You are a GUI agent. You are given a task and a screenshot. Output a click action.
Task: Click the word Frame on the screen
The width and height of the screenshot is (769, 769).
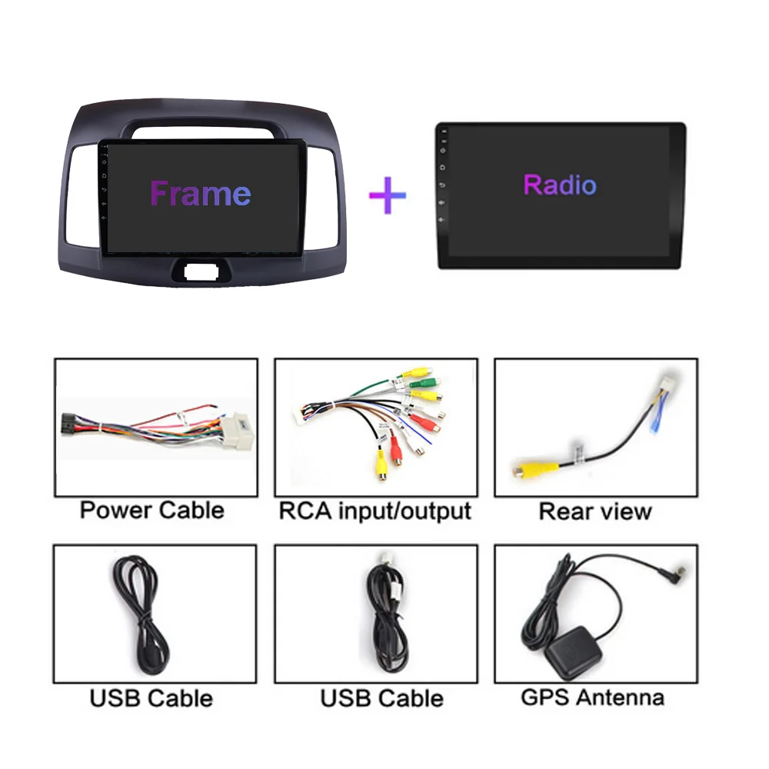pyautogui.click(x=201, y=193)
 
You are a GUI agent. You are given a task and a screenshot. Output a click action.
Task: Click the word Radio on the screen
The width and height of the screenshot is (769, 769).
pyautogui.click(x=560, y=185)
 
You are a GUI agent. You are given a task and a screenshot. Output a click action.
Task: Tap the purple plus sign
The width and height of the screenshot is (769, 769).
pyautogui.click(x=388, y=195)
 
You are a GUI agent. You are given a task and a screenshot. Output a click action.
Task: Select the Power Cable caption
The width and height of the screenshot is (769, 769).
pyautogui.click(x=152, y=510)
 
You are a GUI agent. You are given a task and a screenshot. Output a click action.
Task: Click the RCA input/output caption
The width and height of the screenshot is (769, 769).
pyautogui.click(x=375, y=511)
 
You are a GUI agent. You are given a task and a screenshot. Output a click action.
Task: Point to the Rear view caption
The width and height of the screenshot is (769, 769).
pyautogui.click(x=595, y=511)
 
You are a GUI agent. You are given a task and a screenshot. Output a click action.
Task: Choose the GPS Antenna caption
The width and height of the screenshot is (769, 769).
pyautogui.click(x=592, y=697)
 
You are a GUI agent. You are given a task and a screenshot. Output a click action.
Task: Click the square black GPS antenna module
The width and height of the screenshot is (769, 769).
pyautogui.click(x=573, y=652)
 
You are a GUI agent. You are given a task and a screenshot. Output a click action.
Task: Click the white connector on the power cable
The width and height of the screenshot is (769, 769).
pyautogui.click(x=238, y=431)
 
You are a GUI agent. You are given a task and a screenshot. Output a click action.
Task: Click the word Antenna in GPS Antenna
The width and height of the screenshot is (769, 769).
pyautogui.click(x=621, y=697)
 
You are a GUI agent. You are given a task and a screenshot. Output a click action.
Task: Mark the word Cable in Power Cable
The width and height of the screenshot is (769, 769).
pyautogui.click(x=191, y=510)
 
